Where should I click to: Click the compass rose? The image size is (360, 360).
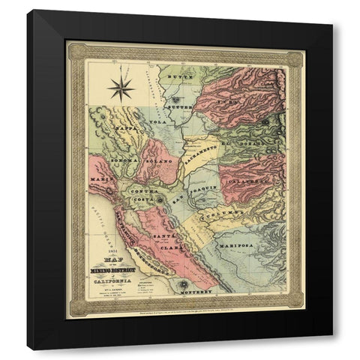pyautogui.click(x=119, y=88)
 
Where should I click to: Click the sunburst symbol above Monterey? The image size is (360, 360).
pyautogui.click(x=184, y=283)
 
